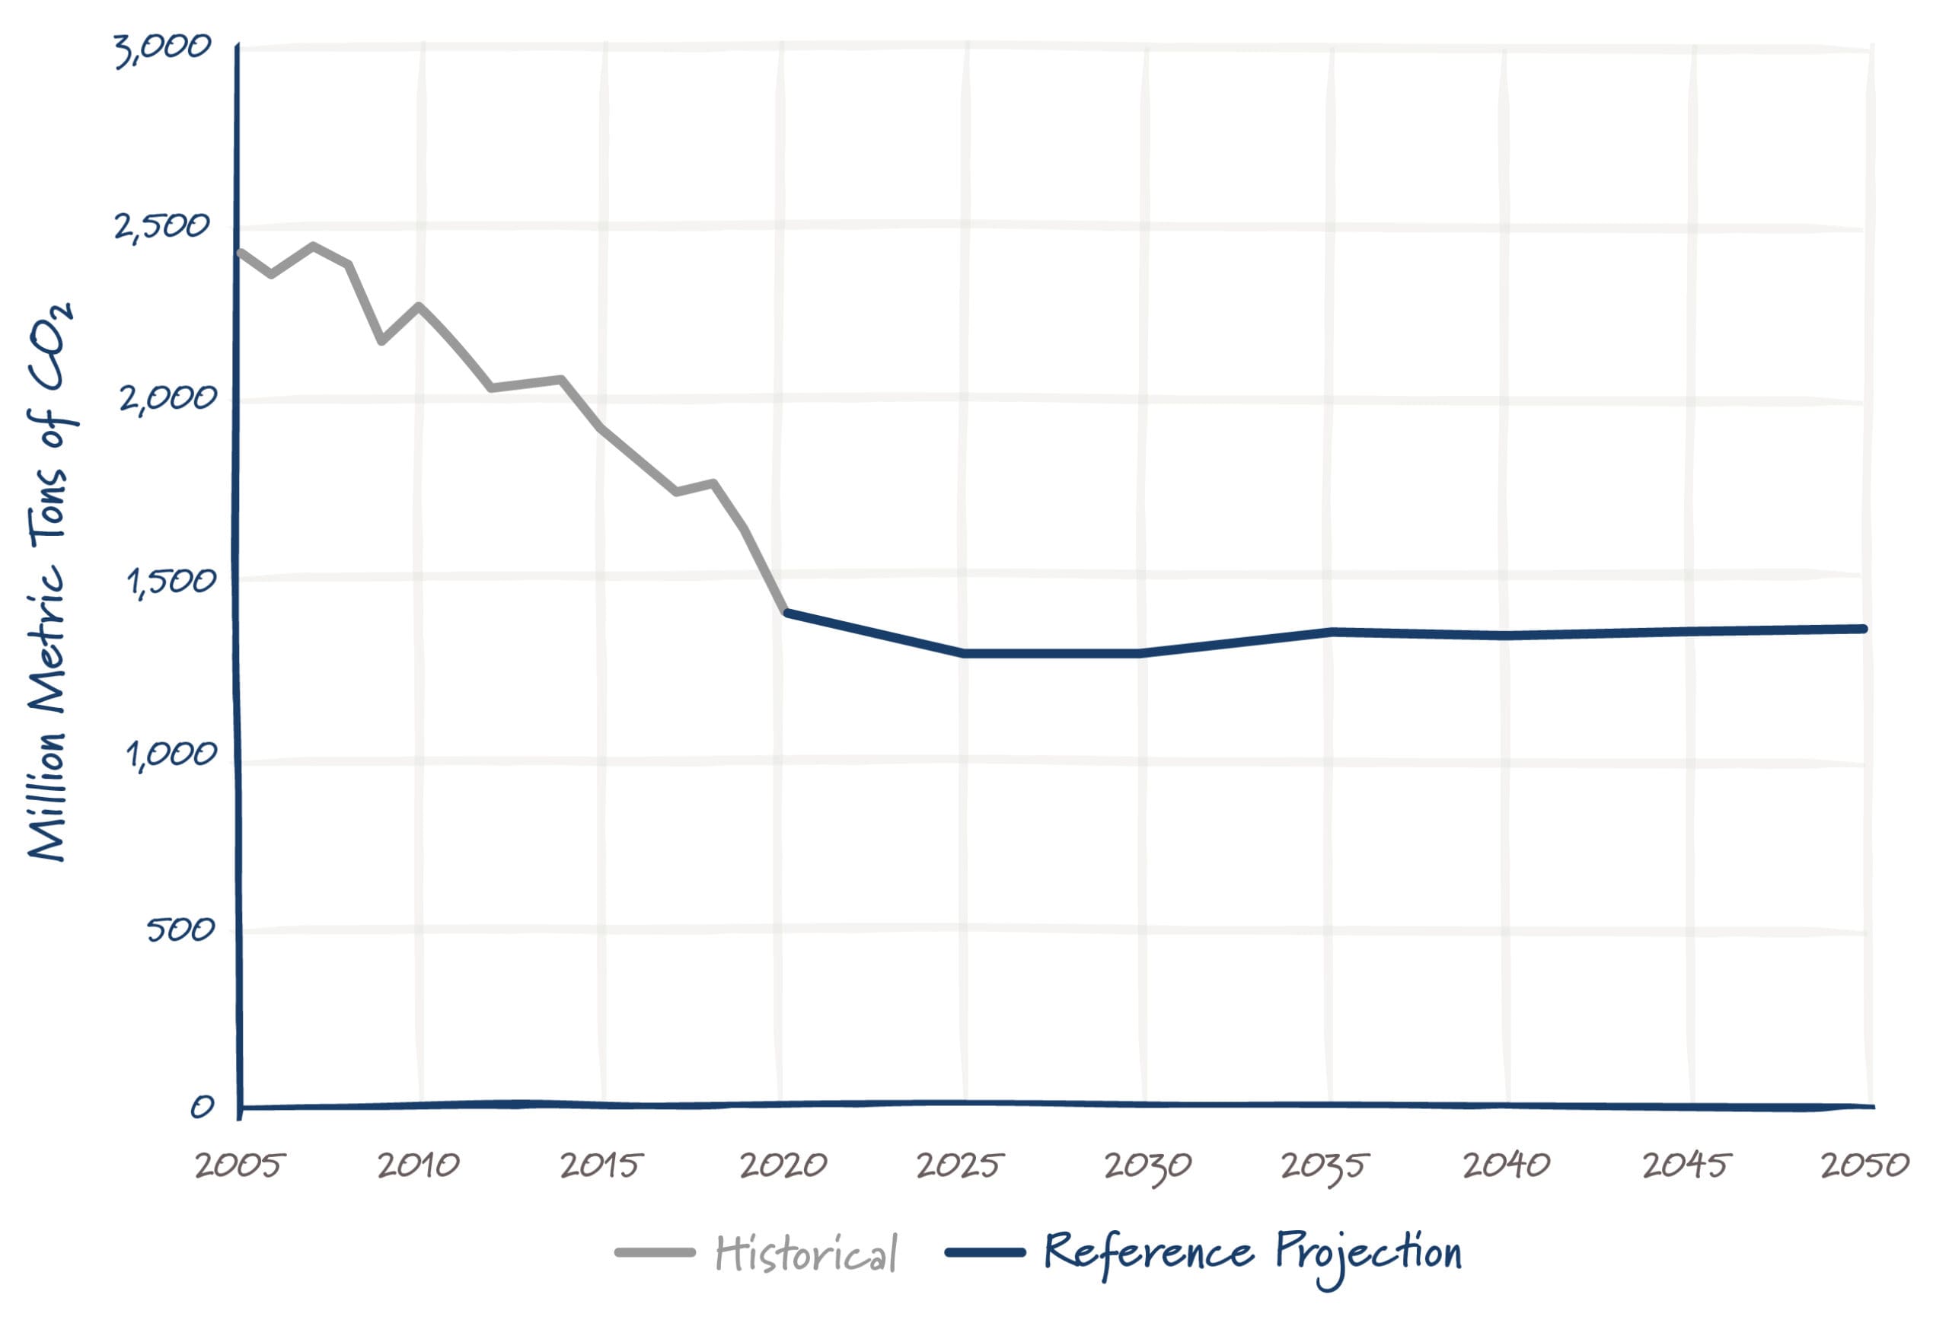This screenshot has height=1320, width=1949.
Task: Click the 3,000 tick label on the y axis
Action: pyautogui.click(x=163, y=50)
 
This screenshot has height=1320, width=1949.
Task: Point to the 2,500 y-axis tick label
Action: pyautogui.click(x=162, y=225)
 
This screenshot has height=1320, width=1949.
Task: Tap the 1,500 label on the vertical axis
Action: pyautogui.click(x=171, y=581)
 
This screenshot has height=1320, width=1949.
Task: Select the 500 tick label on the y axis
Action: pyautogui.click(x=180, y=930)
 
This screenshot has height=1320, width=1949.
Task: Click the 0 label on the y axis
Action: pyautogui.click(x=201, y=1107)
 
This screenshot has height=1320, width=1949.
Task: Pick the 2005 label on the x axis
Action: pyautogui.click(x=240, y=1165)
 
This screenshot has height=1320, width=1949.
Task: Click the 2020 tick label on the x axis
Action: pyautogui.click(x=783, y=1165)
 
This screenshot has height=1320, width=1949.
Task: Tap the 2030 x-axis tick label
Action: pyautogui.click(x=1147, y=1166)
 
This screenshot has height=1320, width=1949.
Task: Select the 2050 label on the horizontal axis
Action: pyautogui.click(x=1864, y=1165)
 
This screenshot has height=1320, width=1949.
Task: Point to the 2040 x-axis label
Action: pyautogui.click(x=1506, y=1165)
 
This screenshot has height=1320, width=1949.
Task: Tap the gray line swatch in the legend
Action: pyautogui.click(x=655, y=1253)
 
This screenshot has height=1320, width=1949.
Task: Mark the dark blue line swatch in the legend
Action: pyautogui.click(x=985, y=1253)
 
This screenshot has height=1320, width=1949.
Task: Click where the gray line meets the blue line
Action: pyautogui.click(x=785, y=613)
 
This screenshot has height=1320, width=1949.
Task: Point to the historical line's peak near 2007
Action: pyautogui.click(x=313, y=246)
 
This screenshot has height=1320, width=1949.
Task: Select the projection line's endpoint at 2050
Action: pyautogui.click(x=1864, y=628)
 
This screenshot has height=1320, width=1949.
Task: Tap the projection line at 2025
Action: pyautogui.click(x=965, y=652)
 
